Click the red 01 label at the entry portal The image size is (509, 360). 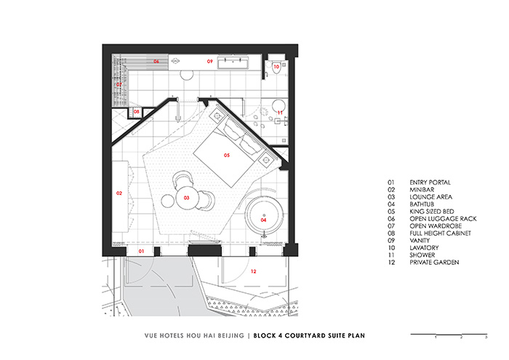pos(143,251)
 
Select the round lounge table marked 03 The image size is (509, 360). pos(187,197)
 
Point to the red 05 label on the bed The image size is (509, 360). pos(226,156)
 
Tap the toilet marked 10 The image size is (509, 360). pos(276,67)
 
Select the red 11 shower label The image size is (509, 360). pos(280,112)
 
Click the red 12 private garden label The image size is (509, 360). pos(253,271)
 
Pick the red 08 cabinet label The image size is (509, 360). pos(136,112)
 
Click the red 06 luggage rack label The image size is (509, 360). pos(156,62)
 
